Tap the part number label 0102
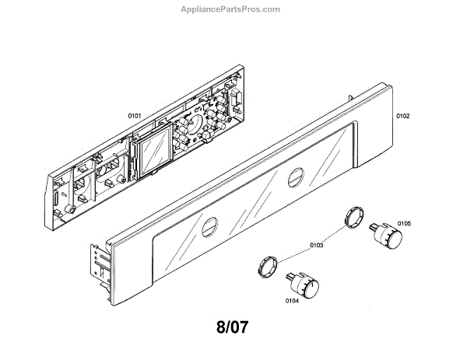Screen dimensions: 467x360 pos(402,117)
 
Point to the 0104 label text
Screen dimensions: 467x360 pos(293,300)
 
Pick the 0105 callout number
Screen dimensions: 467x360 pos(403,223)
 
